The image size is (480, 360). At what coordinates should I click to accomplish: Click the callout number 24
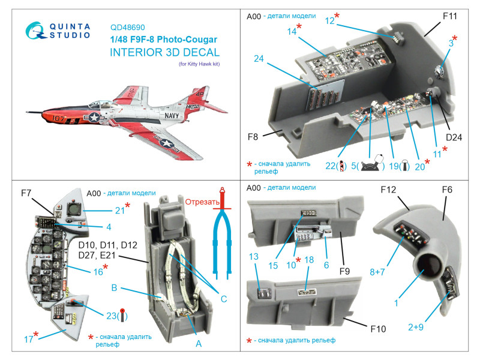[x=259, y=59]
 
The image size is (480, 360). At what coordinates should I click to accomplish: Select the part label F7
[x=26, y=193]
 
